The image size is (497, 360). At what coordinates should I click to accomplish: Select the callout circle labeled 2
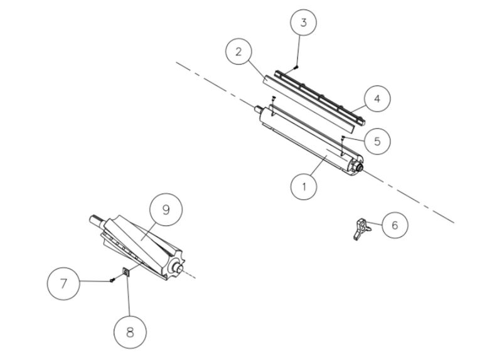[x=238, y=51]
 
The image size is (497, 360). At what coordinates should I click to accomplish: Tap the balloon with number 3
[x=303, y=23]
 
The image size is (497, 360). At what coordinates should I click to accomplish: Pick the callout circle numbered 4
[x=377, y=98]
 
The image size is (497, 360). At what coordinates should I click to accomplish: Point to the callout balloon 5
[x=376, y=140]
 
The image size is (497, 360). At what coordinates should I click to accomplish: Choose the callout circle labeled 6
[x=393, y=225]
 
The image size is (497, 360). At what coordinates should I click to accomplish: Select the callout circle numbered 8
[x=130, y=331]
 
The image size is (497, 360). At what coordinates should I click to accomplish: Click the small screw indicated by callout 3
[x=296, y=67]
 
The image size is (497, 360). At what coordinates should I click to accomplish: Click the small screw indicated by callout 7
[x=112, y=280]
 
